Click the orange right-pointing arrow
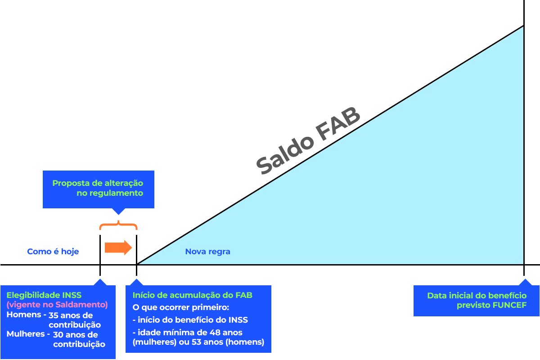118,247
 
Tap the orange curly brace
118,225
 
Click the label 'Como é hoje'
53,252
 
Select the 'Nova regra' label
207,252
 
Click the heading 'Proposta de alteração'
98,183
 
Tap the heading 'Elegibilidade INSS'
44,295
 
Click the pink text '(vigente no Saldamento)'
57,305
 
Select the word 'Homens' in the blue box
23,315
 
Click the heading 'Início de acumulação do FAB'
193,295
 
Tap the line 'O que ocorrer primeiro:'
181,308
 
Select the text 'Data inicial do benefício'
477,296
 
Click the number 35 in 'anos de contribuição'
54,315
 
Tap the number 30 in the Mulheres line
58,335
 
